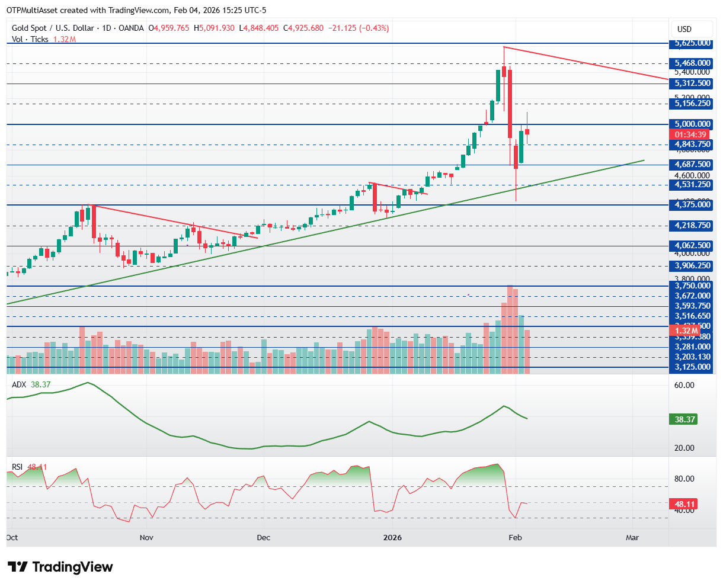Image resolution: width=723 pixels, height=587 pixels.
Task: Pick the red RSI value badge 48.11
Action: (683, 505)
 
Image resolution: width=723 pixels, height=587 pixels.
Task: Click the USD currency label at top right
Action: (684, 29)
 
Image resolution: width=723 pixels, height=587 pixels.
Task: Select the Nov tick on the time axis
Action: (146, 538)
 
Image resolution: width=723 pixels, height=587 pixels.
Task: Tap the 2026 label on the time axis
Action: (392, 538)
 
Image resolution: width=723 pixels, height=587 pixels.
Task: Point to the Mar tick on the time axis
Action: (632, 538)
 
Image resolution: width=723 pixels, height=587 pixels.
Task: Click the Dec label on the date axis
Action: (263, 538)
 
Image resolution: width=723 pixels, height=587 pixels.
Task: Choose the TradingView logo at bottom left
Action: (60, 567)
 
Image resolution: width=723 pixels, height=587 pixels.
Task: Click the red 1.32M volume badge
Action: (683, 331)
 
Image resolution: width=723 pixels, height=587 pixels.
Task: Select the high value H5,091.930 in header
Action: (216, 28)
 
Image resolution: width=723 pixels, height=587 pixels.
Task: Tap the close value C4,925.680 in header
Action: (303, 28)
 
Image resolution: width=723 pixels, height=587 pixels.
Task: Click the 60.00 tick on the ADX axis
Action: (686, 385)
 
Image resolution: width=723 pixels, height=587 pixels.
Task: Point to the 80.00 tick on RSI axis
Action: (686, 479)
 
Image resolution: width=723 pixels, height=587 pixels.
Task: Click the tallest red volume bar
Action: (510, 329)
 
